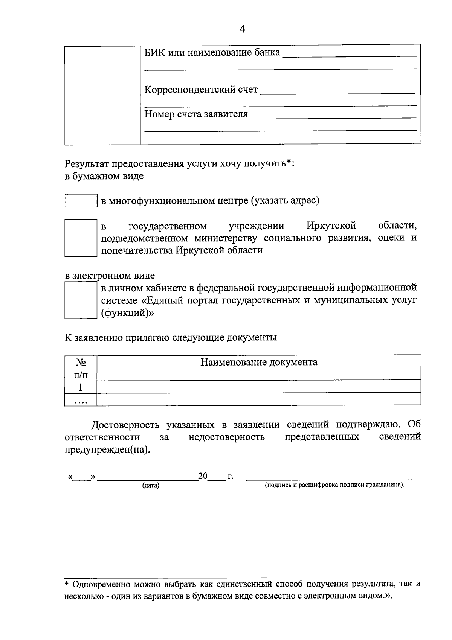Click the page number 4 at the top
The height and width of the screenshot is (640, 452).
[242, 29]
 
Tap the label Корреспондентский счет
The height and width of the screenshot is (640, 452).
[201, 90]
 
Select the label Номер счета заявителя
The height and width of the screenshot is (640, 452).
[196, 114]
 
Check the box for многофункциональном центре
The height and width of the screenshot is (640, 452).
[81, 200]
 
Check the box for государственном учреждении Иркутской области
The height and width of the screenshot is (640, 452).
[81, 238]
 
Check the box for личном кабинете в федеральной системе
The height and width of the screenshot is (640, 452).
[81, 300]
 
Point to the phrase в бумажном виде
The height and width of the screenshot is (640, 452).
[104, 176]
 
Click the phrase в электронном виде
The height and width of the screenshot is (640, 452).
[110, 276]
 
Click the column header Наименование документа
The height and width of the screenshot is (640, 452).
[258, 362]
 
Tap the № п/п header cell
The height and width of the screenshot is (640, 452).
[81, 368]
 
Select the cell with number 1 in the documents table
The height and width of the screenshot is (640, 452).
[81, 387]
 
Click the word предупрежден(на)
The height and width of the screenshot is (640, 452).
[107, 450]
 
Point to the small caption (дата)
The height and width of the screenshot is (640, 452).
[151, 485]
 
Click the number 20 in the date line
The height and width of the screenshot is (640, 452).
[203, 476]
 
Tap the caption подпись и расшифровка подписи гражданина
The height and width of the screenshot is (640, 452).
[334, 485]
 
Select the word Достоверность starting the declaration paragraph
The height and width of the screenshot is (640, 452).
[127, 425]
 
